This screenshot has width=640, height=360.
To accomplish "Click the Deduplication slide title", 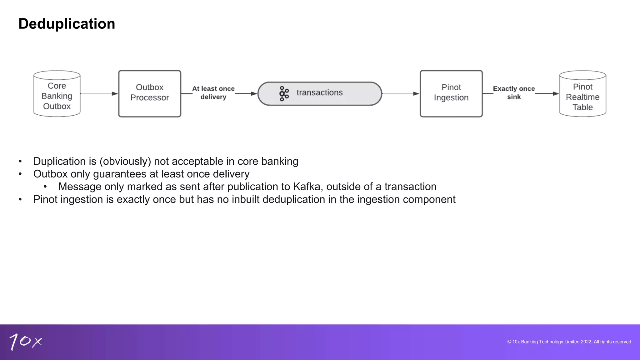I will click(x=67, y=24).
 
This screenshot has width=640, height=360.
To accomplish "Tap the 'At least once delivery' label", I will click(x=213, y=93).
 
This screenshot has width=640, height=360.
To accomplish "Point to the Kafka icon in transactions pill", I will click(x=284, y=93).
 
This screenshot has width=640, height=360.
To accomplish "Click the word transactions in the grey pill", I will click(x=319, y=92).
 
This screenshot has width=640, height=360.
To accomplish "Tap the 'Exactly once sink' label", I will click(x=514, y=93).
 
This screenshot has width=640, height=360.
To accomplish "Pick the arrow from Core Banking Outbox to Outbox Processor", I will click(x=98, y=93).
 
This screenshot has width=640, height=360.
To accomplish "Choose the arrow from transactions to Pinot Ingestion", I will click(x=400, y=93).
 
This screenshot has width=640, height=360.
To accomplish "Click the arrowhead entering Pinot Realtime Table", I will click(x=555, y=93).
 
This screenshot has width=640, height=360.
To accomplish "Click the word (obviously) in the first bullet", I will click(x=125, y=161).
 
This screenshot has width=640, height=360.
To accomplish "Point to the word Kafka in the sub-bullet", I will click(x=307, y=187).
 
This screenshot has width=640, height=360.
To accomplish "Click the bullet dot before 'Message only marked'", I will click(x=45, y=187).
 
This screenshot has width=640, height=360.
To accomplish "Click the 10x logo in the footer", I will click(x=25, y=342).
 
